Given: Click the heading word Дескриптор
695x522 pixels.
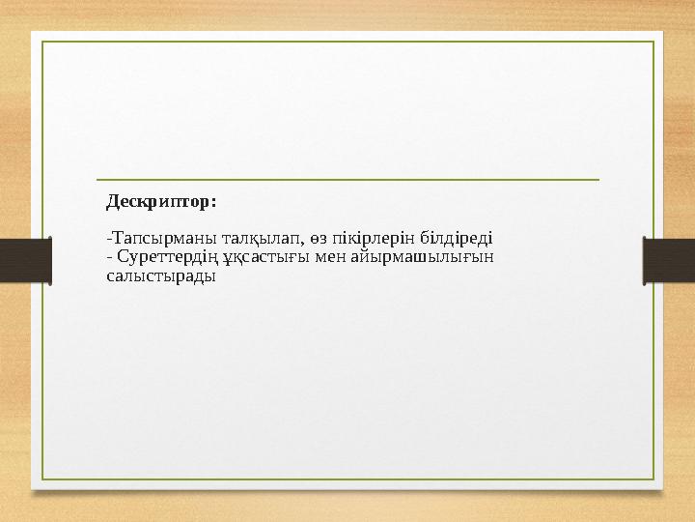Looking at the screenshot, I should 159,203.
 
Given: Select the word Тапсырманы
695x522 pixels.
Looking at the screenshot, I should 156,239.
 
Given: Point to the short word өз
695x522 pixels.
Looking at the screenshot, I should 306,239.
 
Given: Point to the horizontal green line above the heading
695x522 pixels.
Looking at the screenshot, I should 347,180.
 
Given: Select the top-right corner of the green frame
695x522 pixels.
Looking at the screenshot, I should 653,42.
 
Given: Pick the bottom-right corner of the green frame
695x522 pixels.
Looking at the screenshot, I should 653,479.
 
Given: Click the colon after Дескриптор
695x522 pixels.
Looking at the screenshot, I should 213,204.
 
